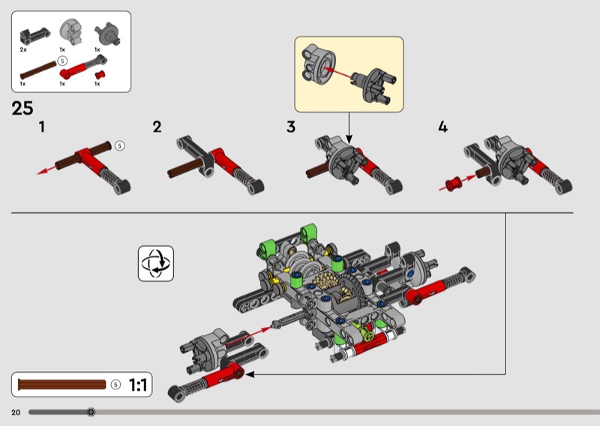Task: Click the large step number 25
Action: tap(22, 108)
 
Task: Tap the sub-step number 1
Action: tap(42, 127)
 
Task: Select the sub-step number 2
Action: tap(157, 127)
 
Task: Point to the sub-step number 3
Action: tap(291, 127)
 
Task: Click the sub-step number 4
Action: tap(442, 127)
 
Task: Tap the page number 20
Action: tap(16, 412)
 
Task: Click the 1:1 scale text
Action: tap(138, 385)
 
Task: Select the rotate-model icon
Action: tap(156, 264)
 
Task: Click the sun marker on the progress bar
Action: tap(91, 412)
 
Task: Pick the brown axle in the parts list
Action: tap(38, 70)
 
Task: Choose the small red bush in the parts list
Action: tap(100, 75)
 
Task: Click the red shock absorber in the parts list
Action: tap(83, 66)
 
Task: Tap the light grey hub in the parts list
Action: tap(71, 31)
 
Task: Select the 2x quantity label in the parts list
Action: tap(23, 49)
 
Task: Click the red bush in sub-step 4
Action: tap(454, 184)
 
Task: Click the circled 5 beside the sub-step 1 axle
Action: tap(120, 145)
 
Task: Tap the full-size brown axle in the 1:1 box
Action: tap(61, 385)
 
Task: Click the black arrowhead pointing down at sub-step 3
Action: tap(349, 139)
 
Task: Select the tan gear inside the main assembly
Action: tap(325, 281)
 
